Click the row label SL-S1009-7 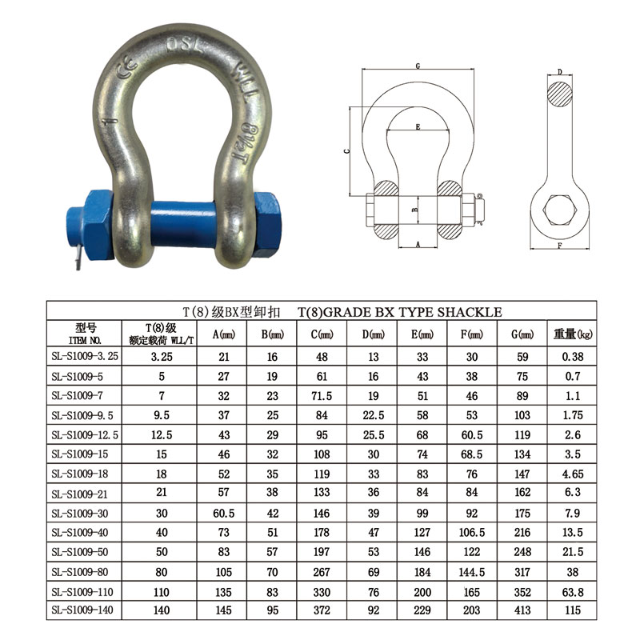pyautogui.click(x=77, y=395)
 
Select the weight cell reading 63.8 pyautogui.click(x=573, y=592)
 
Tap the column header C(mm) pyautogui.click(x=322, y=334)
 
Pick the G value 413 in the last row pyautogui.click(x=522, y=610)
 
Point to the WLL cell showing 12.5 pyautogui.click(x=162, y=434)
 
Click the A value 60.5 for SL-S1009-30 pyautogui.click(x=224, y=513)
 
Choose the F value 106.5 pyautogui.click(x=472, y=532)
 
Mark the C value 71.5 pyautogui.click(x=322, y=396)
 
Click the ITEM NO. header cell pyautogui.click(x=85, y=334)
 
